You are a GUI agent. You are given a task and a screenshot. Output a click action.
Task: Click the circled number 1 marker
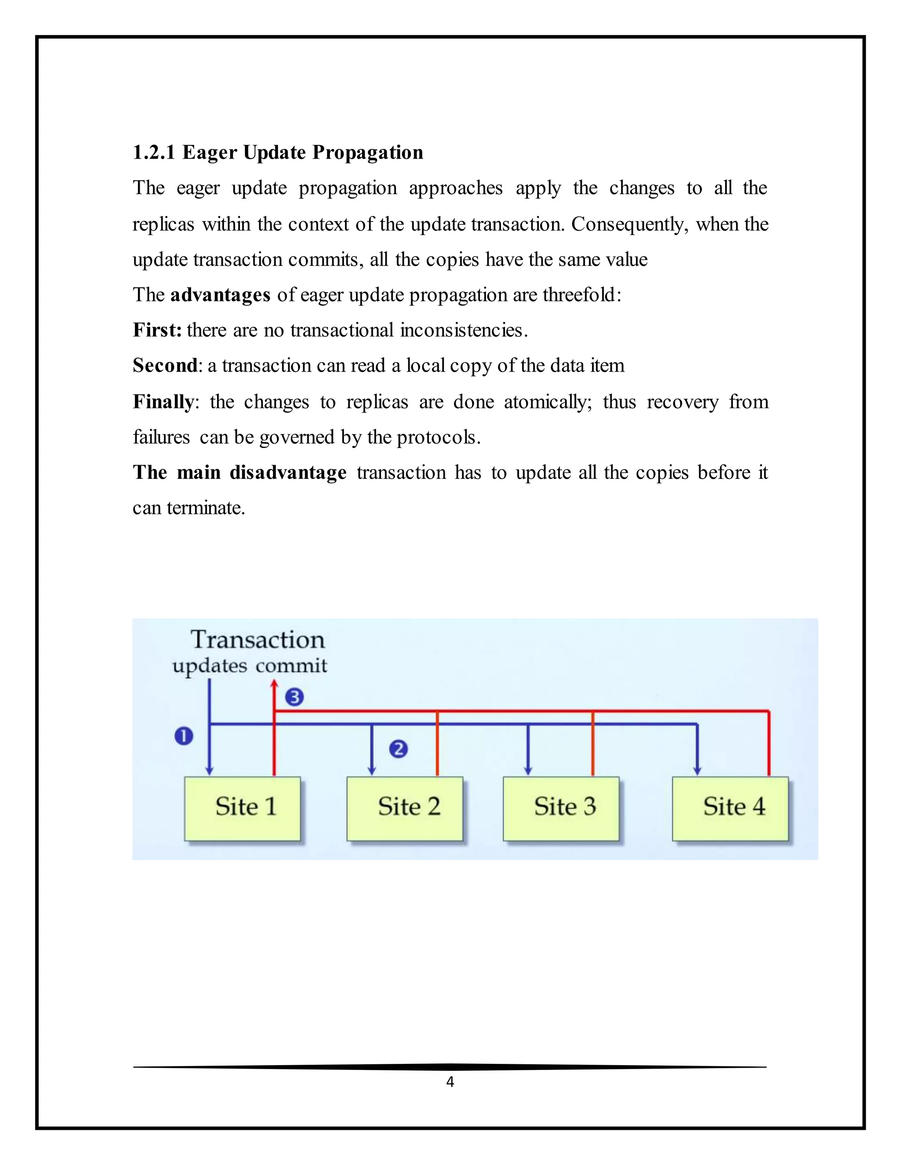[184, 737]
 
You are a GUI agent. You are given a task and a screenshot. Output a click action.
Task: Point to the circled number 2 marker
[398, 749]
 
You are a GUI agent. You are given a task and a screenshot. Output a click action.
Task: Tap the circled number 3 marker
[294, 697]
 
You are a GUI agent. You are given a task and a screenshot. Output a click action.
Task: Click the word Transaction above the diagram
[258, 640]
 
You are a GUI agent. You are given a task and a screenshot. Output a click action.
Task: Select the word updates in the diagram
[210, 666]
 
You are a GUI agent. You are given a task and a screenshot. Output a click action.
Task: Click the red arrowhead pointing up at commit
[274, 684]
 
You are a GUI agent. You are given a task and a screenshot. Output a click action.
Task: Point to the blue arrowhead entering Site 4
[697, 771]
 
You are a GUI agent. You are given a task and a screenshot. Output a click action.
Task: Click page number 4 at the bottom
[450, 1081]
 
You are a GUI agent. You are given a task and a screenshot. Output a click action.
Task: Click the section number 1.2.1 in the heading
[153, 152]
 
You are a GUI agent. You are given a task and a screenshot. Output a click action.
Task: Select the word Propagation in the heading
[367, 152]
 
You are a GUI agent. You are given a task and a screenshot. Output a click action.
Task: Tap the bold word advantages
[220, 295]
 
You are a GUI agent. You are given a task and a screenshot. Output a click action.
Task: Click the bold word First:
[157, 330]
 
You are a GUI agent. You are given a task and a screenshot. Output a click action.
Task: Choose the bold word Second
[165, 365]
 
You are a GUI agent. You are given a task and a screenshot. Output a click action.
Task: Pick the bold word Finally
[163, 401]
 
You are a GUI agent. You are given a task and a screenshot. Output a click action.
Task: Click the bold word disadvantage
[288, 473]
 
